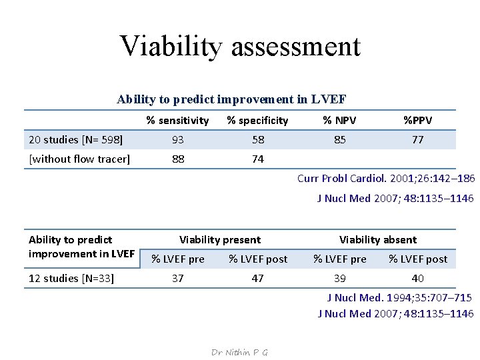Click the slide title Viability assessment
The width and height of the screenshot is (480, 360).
pos(240,46)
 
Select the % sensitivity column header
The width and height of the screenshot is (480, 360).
pos(178,121)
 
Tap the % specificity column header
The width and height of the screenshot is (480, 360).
pos(257,121)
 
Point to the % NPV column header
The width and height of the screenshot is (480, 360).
pos(339,121)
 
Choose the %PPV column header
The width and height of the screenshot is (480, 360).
pos(417,121)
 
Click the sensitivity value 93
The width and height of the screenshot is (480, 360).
pos(178,140)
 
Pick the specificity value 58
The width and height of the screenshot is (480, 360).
pos(257,140)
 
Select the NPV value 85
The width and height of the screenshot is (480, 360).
pos(339,140)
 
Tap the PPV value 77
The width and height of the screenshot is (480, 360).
pos(417,140)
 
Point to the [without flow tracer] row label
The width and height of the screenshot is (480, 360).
pos(79,159)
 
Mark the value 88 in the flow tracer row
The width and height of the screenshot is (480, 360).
pos(178,159)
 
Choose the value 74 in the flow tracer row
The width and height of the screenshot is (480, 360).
pos(257,159)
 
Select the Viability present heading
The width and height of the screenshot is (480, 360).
pos(220,240)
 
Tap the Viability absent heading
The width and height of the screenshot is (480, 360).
pos(378,240)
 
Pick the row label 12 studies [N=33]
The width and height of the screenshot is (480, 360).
pos(71,278)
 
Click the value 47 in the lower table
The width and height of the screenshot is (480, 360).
pos(257,278)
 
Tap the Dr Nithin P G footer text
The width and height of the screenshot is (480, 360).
pos(239,352)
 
